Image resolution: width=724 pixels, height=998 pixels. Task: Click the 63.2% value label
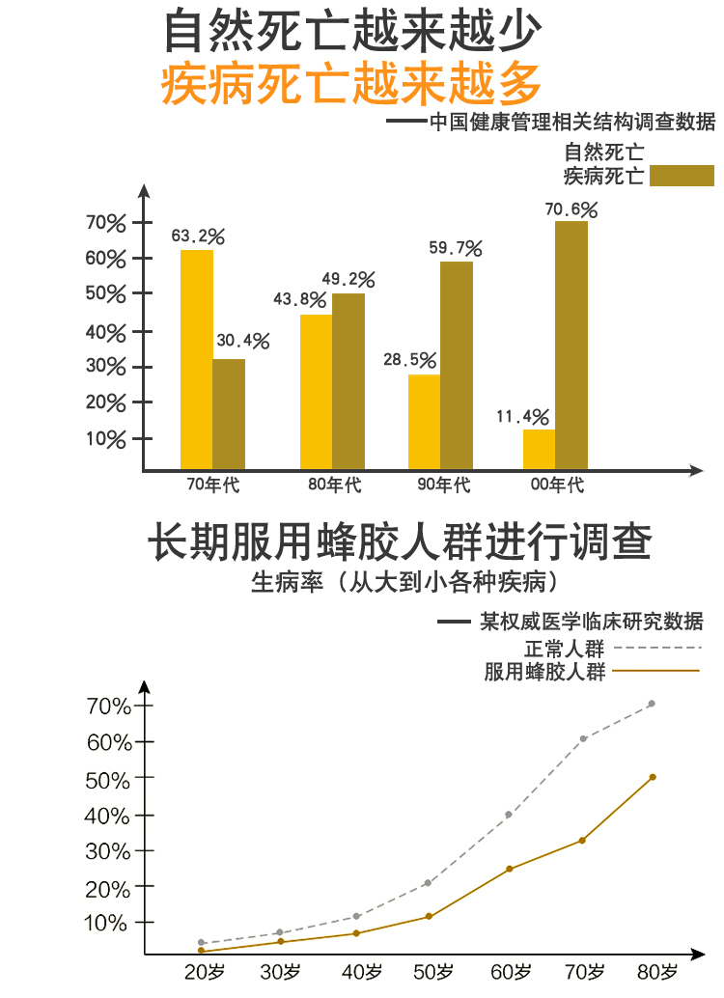click(198, 236)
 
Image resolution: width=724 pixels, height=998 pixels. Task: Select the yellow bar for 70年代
click(197, 360)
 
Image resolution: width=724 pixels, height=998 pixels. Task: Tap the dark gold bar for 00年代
click(571, 346)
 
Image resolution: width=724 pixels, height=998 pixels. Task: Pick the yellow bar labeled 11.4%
click(539, 450)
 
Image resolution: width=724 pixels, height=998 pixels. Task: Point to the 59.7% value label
click(456, 248)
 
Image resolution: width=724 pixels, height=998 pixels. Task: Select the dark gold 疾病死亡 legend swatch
click(682, 175)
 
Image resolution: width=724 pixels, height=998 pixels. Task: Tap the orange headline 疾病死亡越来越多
click(351, 84)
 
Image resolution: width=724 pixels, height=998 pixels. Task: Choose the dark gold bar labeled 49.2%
click(348, 381)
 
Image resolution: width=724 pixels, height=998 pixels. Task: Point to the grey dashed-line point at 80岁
click(652, 704)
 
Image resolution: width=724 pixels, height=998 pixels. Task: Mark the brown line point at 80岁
click(653, 777)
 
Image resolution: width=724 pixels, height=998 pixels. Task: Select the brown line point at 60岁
click(510, 869)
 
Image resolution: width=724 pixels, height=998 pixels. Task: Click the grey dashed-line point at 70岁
click(583, 739)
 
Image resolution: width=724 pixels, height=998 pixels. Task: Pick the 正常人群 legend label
click(565, 649)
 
